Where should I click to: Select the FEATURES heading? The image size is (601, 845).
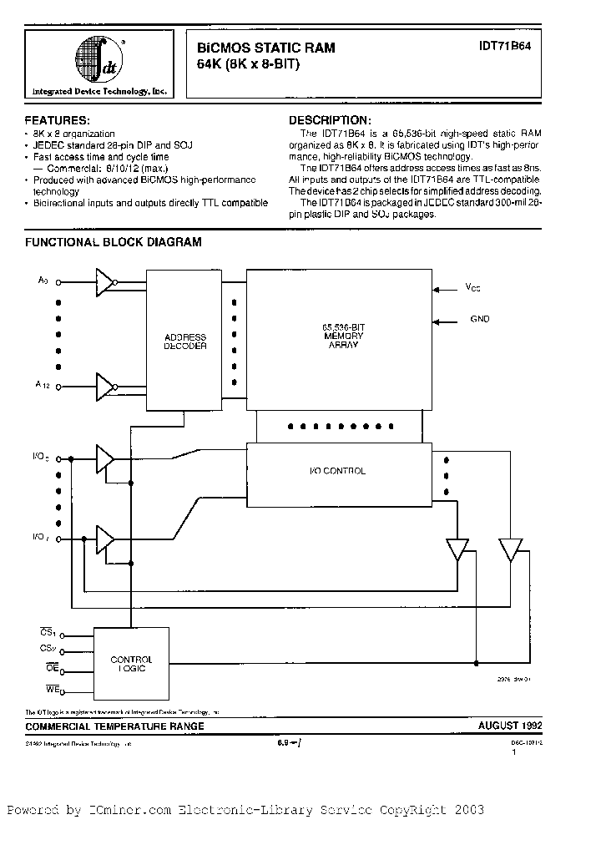(58, 121)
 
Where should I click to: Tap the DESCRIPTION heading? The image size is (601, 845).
(328, 120)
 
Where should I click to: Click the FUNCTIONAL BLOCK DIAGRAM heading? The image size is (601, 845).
(114, 242)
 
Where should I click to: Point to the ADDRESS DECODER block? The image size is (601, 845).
(185, 342)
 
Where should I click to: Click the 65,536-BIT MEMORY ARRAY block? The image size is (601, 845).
(340, 334)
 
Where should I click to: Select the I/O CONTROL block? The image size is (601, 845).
(338, 472)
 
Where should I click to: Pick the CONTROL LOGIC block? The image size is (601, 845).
(131, 665)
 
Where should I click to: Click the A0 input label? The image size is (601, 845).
(43, 281)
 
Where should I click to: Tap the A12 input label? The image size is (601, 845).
(43, 385)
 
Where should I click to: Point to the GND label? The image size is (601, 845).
(480, 319)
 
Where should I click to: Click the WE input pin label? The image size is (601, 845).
(52, 689)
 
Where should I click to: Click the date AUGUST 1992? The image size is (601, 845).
(508, 726)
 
